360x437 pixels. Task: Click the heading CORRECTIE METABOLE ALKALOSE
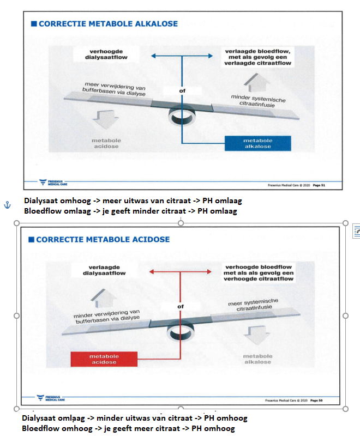click(108, 24)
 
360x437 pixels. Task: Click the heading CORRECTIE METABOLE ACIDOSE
click(103, 239)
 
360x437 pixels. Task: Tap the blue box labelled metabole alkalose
click(258, 143)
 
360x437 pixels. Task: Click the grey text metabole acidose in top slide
click(106, 143)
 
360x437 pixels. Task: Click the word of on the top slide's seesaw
click(182, 91)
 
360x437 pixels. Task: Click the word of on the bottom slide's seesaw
click(181, 307)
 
